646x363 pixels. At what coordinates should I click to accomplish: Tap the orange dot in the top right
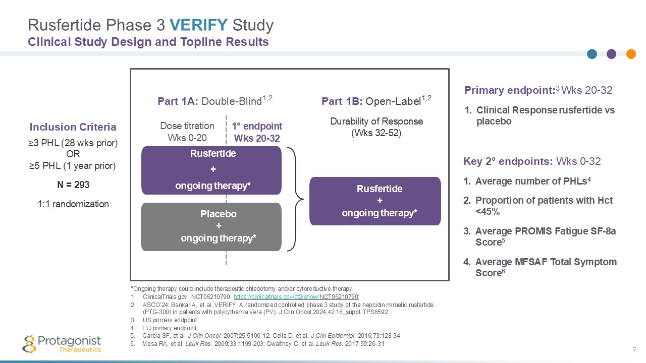[631, 54]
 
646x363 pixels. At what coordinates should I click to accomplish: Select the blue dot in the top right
[593, 54]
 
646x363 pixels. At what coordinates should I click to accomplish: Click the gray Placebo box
[211, 226]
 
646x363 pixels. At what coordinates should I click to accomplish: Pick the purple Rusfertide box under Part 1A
[211, 170]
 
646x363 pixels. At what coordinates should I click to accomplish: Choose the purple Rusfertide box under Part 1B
[375, 201]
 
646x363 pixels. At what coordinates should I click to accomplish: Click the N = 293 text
[73, 185]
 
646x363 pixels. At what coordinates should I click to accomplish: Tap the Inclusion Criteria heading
[73, 127]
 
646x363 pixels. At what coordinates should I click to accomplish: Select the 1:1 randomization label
[73, 204]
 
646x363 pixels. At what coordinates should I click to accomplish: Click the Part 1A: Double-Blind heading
[215, 101]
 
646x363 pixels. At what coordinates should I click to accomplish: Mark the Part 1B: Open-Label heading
[376, 101]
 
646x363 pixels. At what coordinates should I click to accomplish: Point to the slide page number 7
[634, 350]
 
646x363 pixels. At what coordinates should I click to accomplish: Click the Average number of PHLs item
[526, 181]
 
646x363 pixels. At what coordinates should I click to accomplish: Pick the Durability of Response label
[376, 122]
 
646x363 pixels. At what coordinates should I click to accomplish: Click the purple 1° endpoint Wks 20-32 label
[256, 132]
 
